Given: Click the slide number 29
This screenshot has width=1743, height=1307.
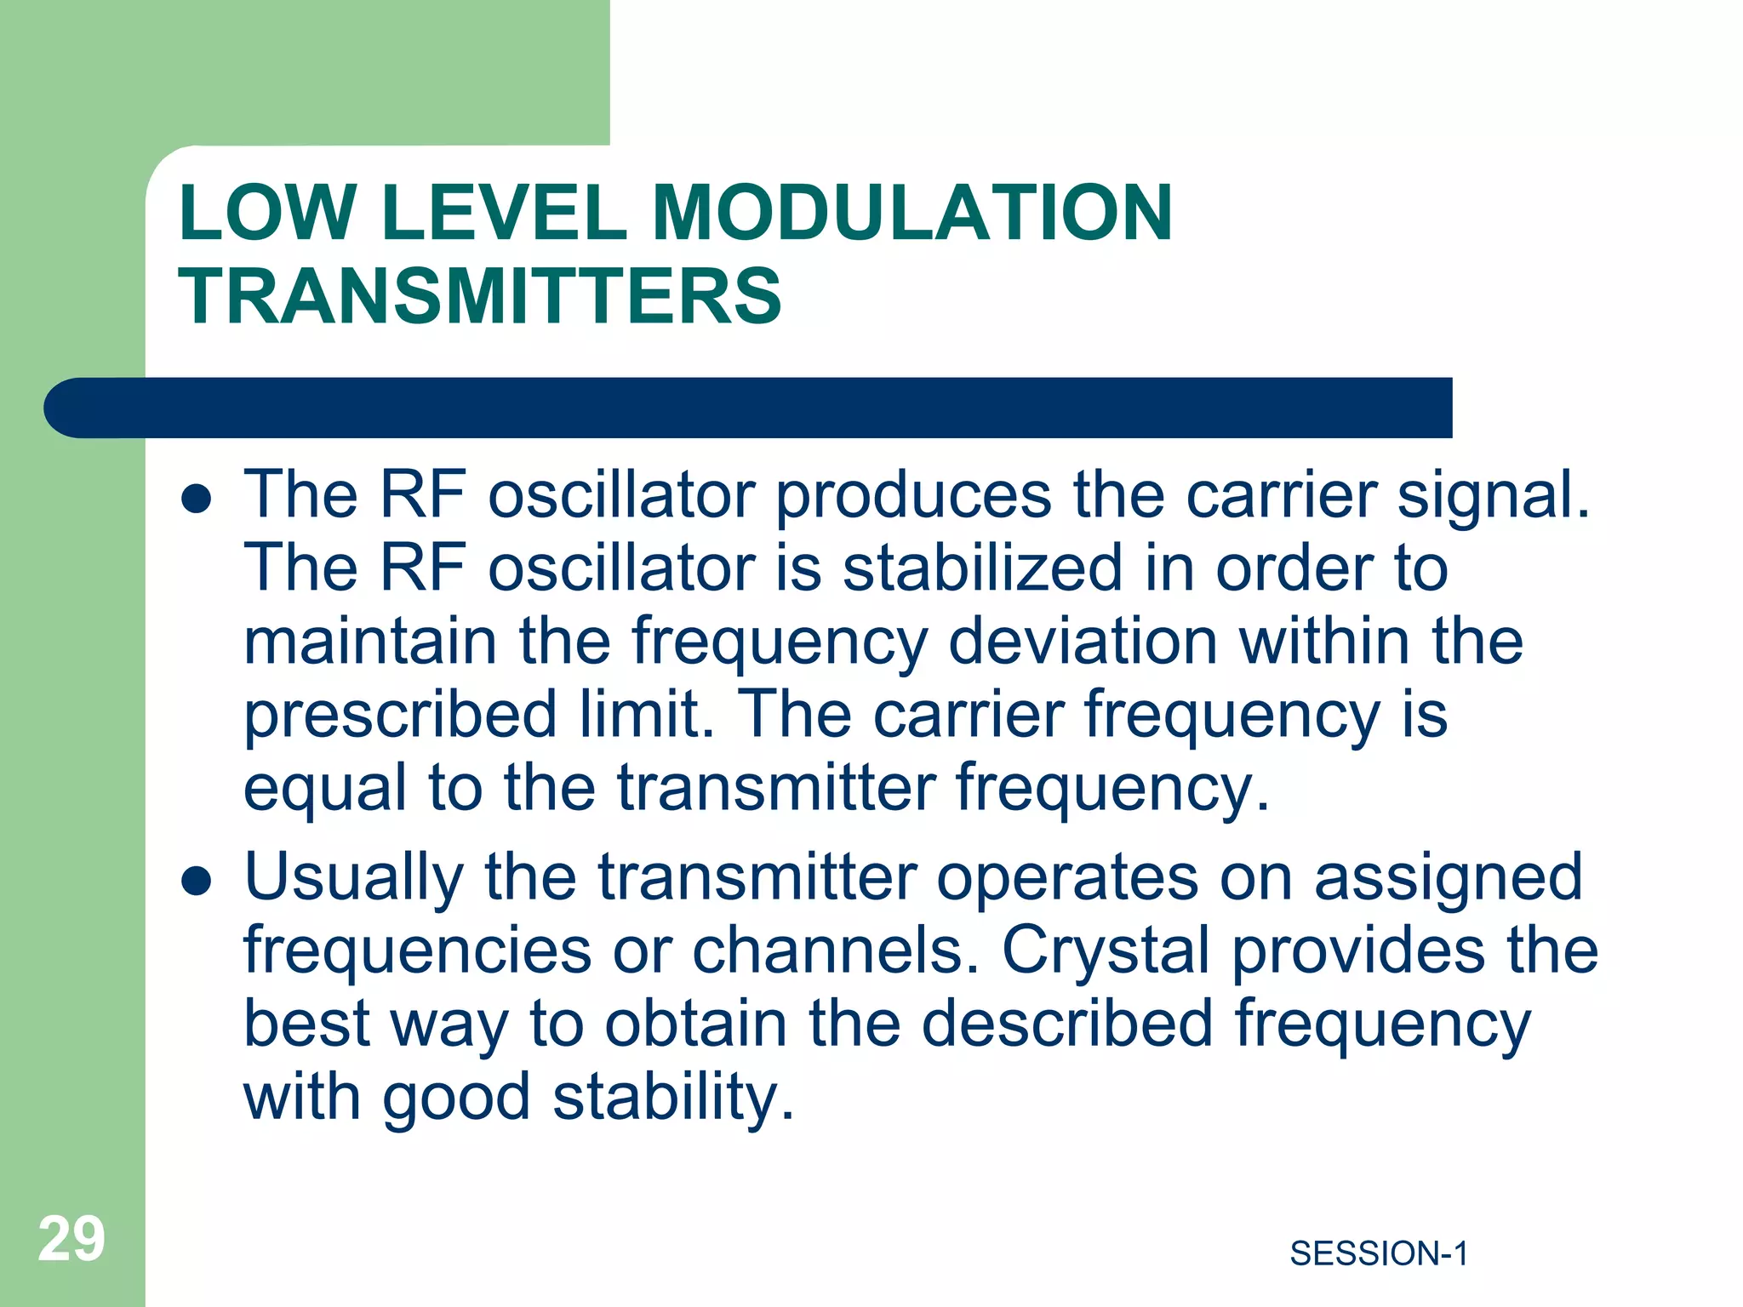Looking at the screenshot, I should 71,1239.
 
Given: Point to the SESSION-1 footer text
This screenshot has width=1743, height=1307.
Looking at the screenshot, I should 1379,1253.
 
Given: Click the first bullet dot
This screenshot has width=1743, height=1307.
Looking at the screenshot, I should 196,499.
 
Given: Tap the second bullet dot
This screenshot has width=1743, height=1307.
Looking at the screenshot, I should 196,882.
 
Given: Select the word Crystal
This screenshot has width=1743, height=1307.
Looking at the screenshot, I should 1106,950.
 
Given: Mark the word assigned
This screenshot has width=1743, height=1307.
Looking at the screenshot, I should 1447,879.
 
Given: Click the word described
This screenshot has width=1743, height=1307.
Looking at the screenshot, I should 1067,1024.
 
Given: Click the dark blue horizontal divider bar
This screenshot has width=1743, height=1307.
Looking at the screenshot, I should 749,408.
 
